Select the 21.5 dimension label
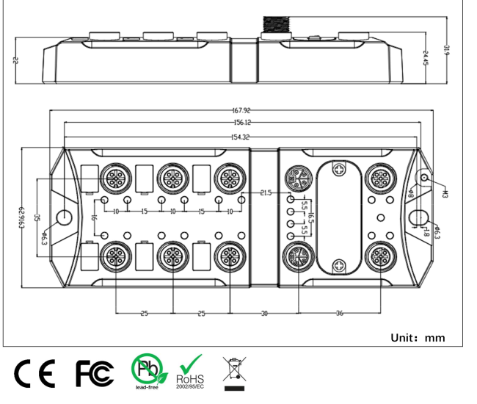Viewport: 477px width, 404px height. tap(265, 192)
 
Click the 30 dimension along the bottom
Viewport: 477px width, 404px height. tap(263, 314)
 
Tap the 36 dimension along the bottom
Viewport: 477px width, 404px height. tap(339, 314)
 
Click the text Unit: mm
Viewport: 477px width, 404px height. tap(418, 338)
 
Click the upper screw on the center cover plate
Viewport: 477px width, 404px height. tap(338, 168)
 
